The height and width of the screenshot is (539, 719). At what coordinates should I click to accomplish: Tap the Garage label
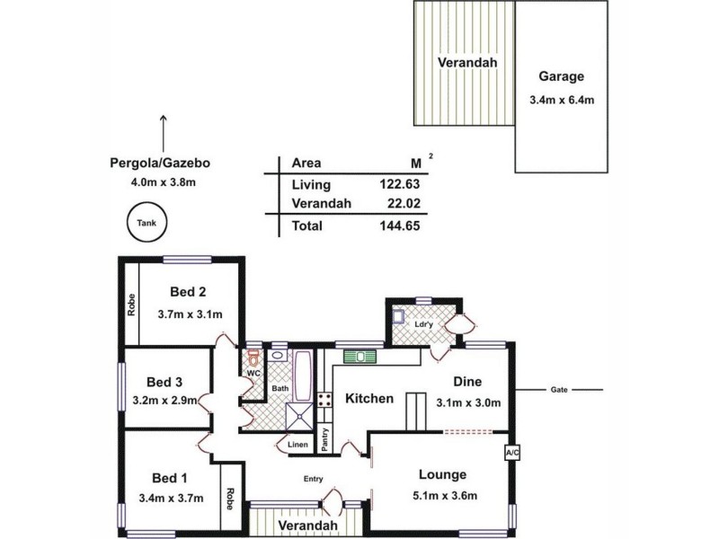point(561,76)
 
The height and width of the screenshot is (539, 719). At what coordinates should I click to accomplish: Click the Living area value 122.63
point(400,184)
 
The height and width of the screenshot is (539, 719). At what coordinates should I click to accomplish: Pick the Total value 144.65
point(400,226)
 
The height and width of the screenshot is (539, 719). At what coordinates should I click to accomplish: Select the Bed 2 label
point(189,291)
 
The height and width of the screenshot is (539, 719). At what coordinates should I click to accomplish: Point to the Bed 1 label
point(169,476)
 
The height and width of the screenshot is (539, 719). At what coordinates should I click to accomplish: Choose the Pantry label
point(324,439)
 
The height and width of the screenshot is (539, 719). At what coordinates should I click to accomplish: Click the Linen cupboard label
point(297,444)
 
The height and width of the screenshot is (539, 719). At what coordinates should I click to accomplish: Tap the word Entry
point(312,479)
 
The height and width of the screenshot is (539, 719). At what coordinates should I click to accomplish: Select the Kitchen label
point(369,398)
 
